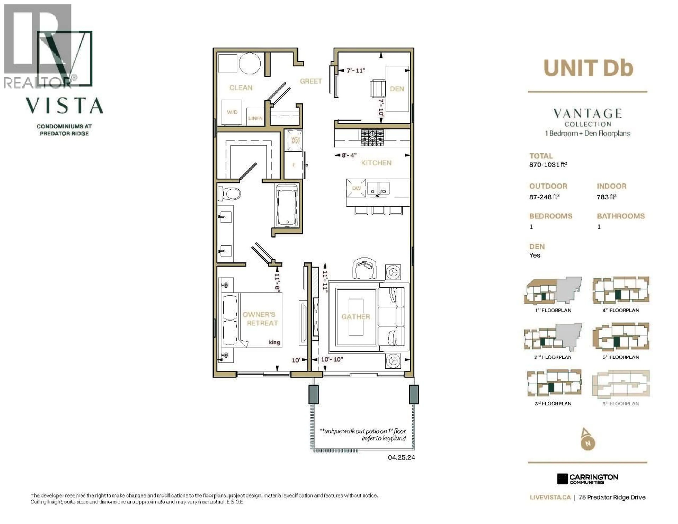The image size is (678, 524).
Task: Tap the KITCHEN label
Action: tap(376, 163)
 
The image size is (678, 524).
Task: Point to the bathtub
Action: tap(287, 206)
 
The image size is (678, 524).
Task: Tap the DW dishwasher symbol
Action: tap(356, 188)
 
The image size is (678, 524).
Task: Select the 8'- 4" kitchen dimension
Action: tap(349, 155)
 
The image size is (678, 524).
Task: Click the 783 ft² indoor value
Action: tap(606, 197)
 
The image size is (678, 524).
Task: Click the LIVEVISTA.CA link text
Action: tap(550, 497)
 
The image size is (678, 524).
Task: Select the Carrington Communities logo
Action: tap(587, 479)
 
